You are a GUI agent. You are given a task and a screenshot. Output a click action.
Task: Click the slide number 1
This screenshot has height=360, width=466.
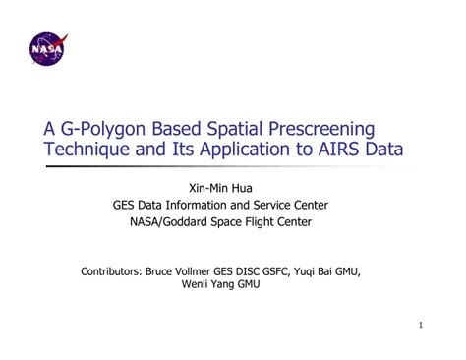point(420,326)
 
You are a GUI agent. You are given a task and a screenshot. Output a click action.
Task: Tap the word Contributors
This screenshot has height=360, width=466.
point(112,270)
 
